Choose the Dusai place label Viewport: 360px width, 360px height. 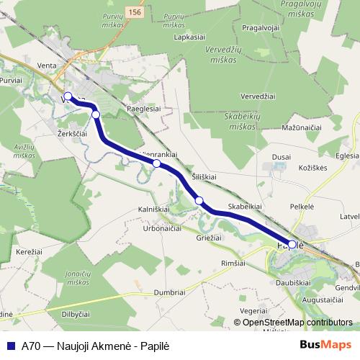[x=282, y=156]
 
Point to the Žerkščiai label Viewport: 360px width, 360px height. [x=71, y=134]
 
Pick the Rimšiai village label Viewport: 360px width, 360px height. [x=234, y=263]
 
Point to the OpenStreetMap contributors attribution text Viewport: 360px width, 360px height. [x=297, y=322]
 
